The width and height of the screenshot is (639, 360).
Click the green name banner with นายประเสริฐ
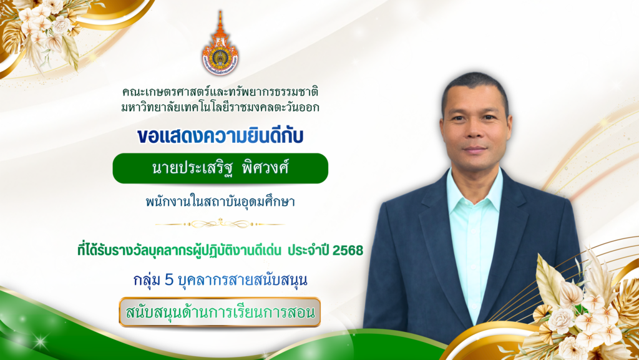point(220,168)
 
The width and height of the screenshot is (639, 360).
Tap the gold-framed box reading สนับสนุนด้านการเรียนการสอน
point(220,312)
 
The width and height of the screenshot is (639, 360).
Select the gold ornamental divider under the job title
point(220,223)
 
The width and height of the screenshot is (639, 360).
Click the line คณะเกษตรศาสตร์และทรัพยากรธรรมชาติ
point(220,92)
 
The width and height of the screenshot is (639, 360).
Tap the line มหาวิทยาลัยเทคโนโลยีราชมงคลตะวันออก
point(220,107)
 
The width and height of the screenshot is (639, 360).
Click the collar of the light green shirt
point(474,187)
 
